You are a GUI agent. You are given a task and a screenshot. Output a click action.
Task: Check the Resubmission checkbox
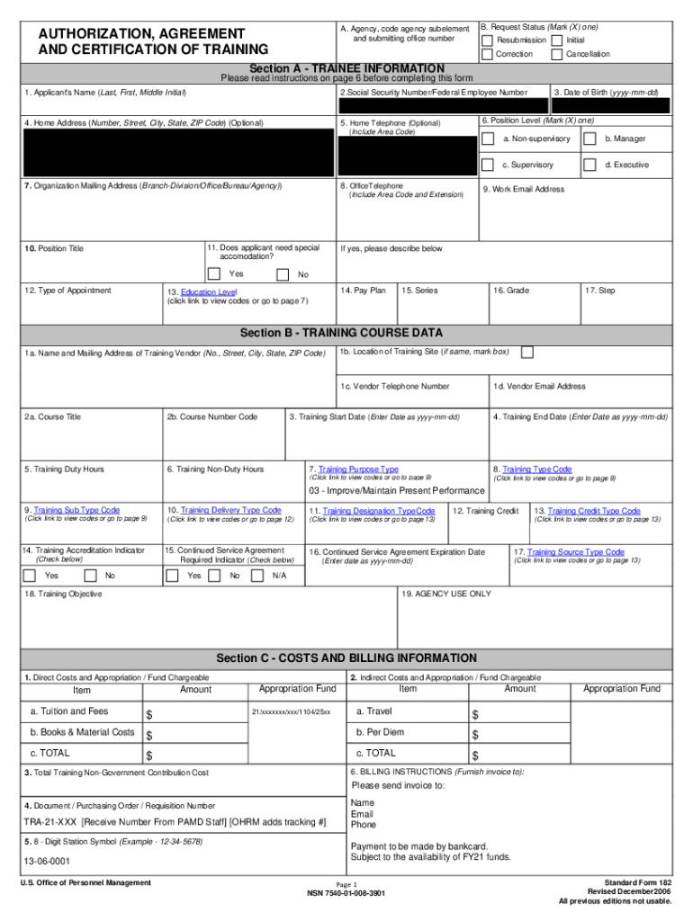pos(487,40)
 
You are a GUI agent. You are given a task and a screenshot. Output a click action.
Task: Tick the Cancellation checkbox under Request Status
pos(556,55)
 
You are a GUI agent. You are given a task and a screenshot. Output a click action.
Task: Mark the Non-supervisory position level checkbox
pos(487,139)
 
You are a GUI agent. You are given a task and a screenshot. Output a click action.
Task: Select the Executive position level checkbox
pos(589,165)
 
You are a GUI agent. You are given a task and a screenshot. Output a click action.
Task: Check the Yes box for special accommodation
pos(214,273)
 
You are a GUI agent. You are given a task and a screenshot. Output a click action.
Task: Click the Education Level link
pos(208,292)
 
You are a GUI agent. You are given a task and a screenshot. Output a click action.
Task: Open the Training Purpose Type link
pos(358,469)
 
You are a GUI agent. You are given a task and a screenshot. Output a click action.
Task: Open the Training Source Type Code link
pos(576,552)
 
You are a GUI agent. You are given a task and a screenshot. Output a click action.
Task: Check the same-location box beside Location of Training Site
pos(527,352)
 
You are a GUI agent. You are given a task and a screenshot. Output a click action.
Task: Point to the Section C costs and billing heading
pos(346,658)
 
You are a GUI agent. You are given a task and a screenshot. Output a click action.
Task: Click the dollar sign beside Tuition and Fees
pos(150,714)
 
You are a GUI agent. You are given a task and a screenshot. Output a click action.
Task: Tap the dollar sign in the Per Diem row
pos(475,735)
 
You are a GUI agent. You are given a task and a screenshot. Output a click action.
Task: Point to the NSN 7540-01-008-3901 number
pos(346,893)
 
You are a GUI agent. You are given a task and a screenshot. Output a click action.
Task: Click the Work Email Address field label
pos(524,190)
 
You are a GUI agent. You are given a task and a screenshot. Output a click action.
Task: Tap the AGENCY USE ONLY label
pos(446,594)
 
